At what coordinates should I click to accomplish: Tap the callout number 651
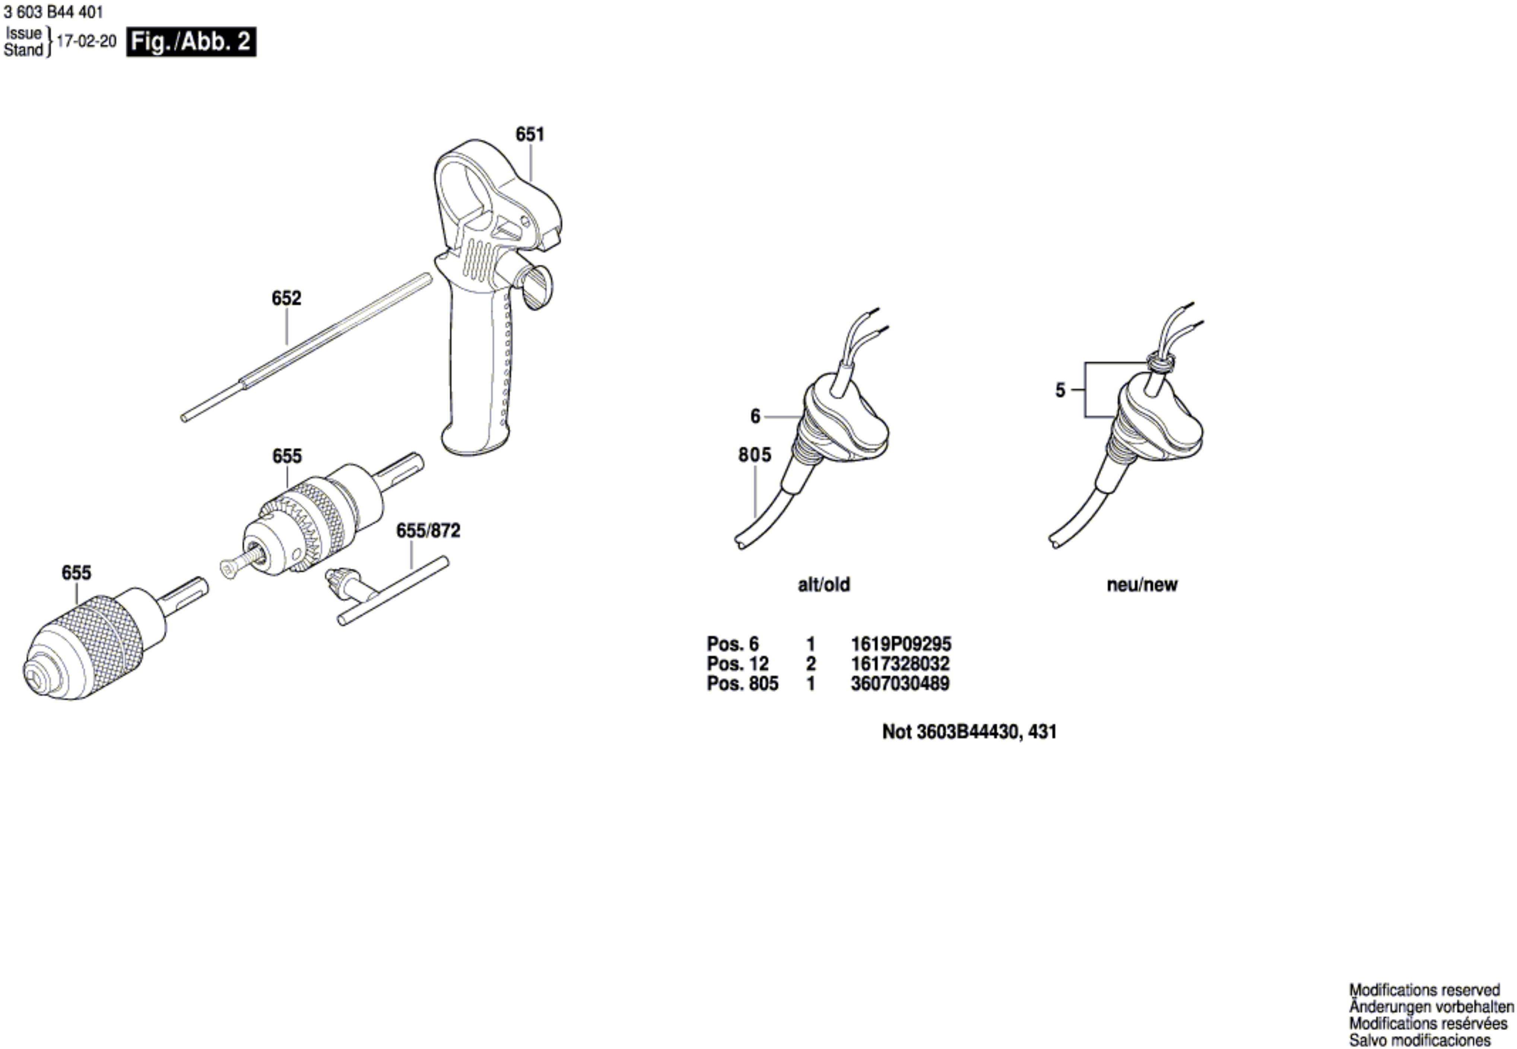click(x=530, y=135)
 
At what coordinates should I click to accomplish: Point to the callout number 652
click(x=286, y=298)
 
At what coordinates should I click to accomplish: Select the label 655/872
click(x=428, y=530)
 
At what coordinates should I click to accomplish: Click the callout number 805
click(x=755, y=455)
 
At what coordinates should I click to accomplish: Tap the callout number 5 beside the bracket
click(x=1060, y=390)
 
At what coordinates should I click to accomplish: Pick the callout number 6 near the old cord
click(x=755, y=416)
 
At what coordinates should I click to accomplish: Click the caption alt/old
click(x=823, y=584)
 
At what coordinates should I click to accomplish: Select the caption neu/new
click(x=1142, y=584)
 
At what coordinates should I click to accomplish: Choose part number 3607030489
click(x=900, y=684)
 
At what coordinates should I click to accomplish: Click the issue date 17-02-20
click(x=87, y=41)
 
